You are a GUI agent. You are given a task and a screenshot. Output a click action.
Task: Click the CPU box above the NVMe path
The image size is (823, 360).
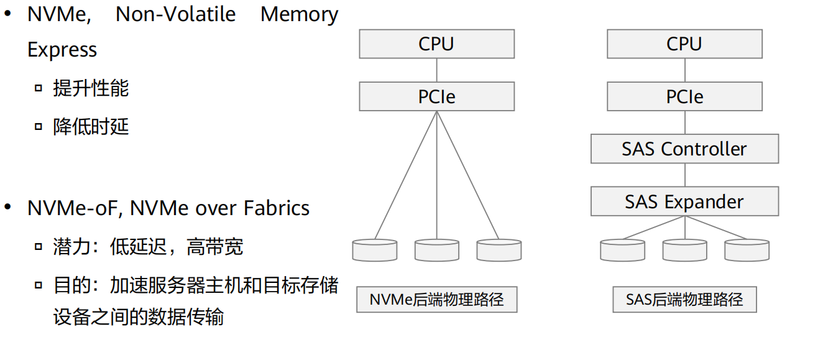click(436, 44)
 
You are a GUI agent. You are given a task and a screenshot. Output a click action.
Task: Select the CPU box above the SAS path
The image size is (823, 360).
click(684, 44)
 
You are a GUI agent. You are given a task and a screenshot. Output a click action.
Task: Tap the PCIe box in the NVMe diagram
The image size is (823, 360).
click(436, 97)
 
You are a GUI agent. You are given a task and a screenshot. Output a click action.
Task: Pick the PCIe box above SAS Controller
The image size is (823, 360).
click(684, 97)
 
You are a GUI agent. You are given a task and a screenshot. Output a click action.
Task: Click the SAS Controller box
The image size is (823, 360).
click(684, 149)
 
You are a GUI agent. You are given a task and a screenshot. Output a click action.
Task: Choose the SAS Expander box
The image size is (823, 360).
click(684, 202)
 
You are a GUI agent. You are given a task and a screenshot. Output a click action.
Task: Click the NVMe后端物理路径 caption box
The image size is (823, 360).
click(436, 300)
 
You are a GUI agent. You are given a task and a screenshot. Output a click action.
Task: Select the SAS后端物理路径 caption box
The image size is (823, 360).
click(684, 300)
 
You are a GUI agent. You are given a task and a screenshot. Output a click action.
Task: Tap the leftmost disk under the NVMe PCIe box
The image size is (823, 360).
click(375, 250)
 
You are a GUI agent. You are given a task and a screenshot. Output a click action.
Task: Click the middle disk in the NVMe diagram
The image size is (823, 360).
click(437, 250)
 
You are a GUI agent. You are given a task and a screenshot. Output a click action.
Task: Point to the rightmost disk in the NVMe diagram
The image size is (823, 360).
click(499, 250)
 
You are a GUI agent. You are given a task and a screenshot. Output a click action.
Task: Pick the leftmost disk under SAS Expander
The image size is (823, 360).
click(623, 250)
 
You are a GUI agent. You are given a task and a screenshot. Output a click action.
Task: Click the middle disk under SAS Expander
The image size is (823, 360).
click(684, 250)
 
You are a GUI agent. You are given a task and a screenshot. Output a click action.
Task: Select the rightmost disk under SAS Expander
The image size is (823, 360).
click(747, 250)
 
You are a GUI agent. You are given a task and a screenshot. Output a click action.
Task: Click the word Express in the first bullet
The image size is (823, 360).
click(62, 50)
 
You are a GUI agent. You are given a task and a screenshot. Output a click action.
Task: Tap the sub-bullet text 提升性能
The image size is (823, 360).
click(91, 88)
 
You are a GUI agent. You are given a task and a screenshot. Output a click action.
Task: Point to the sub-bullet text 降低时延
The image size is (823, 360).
click(91, 127)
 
